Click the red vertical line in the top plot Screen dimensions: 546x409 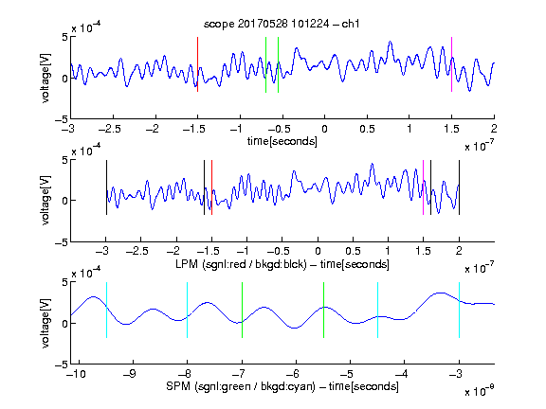(197, 64)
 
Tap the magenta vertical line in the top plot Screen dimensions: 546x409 (451, 64)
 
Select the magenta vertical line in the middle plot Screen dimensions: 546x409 (423, 187)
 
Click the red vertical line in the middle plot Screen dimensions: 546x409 (211, 187)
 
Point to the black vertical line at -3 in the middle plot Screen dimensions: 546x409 (106, 187)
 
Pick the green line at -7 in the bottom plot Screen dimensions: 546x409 (242, 310)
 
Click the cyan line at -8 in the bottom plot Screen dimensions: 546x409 (188, 310)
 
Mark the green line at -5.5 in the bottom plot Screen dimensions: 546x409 (323, 310)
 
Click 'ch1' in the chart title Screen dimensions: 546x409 (351, 24)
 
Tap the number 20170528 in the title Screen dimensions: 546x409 (263, 24)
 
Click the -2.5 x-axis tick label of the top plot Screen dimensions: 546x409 (110, 129)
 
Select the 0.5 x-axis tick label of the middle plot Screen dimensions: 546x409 (353, 251)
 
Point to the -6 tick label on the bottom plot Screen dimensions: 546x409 (295, 374)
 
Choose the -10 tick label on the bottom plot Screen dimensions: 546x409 (77, 374)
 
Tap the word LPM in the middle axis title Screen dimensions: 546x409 (187, 264)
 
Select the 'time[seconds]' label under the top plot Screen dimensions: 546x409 (282, 141)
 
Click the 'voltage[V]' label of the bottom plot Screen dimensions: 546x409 (45, 323)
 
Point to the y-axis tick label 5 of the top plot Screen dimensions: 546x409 (64, 37)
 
